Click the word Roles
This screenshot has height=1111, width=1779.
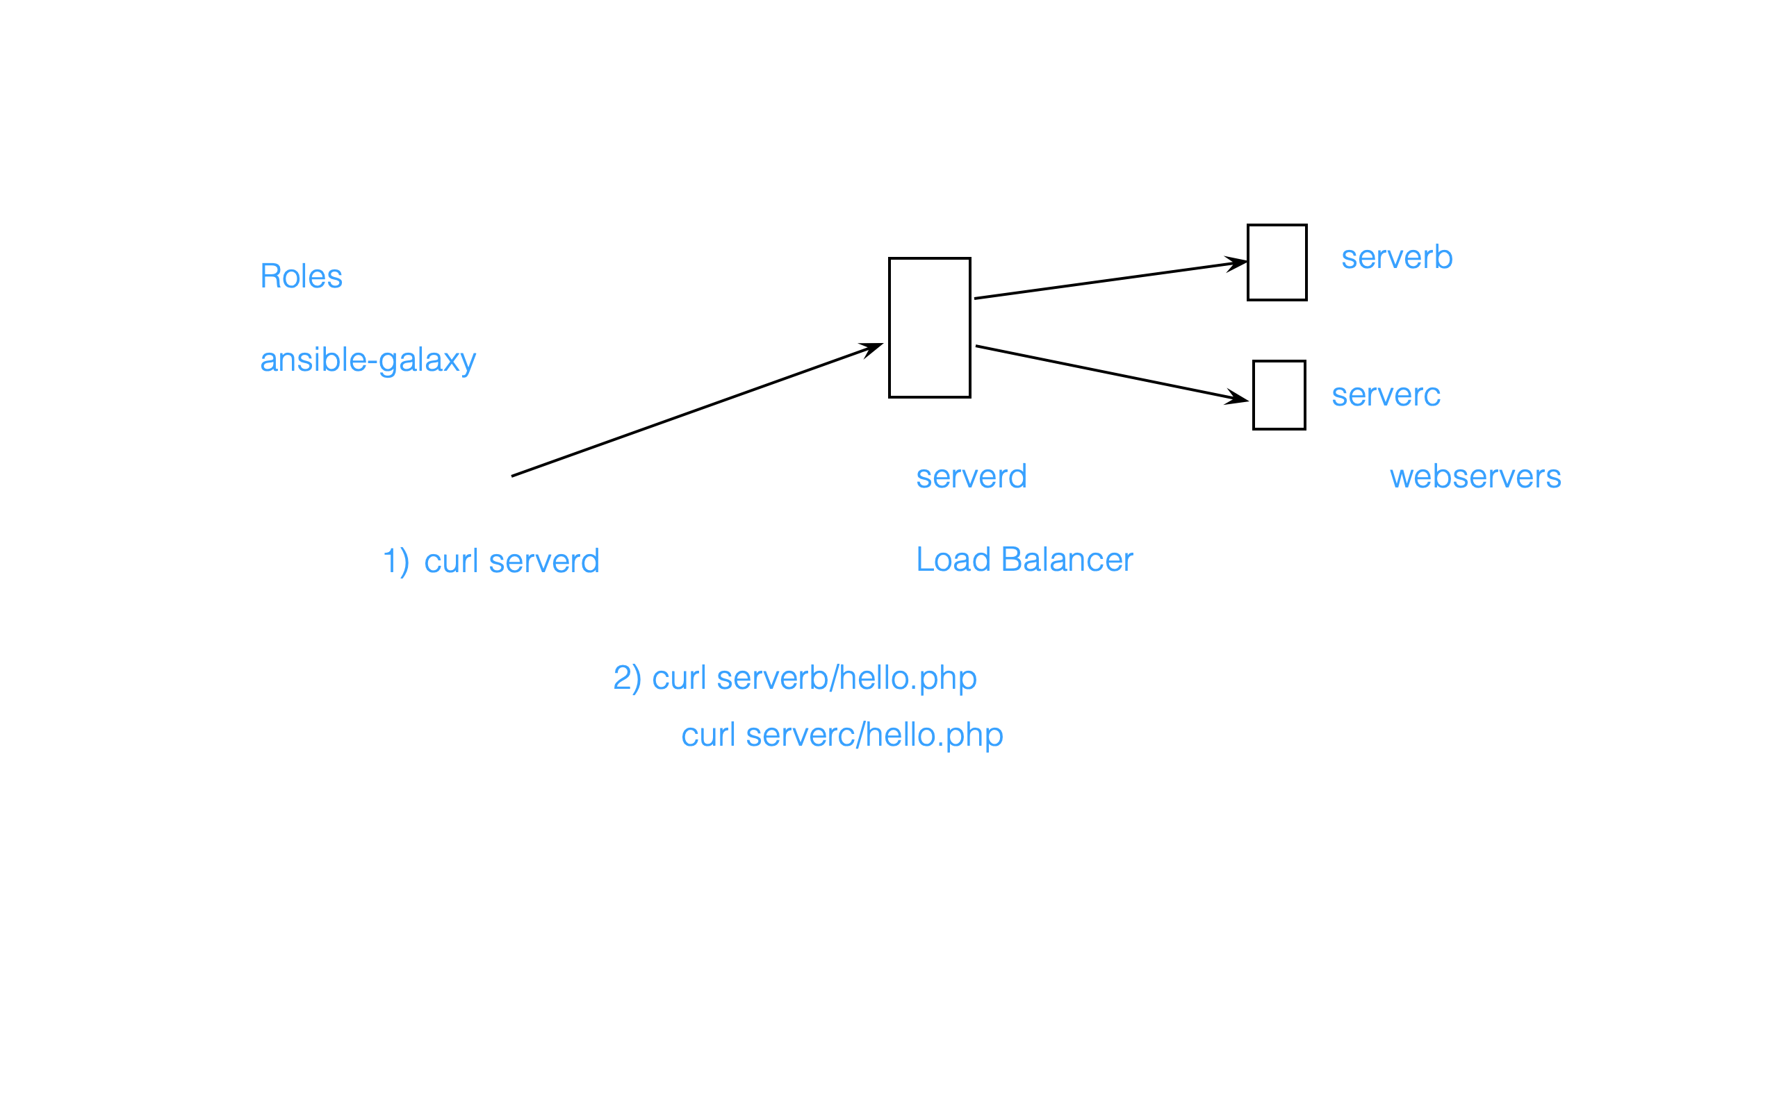point(301,276)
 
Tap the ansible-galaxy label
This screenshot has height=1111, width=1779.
point(368,360)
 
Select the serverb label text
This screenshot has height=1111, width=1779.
point(1396,257)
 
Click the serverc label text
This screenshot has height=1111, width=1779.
point(1385,394)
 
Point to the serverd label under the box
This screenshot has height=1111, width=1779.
point(970,476)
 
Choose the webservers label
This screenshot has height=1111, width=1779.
point(1475,476)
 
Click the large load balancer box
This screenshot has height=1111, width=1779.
point(929,328)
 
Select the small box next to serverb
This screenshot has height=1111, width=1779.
point(1277,262)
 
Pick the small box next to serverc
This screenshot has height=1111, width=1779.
point(1279,395)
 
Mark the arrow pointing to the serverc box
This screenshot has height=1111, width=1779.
point(1110,374)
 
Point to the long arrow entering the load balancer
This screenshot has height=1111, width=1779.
point(695,410)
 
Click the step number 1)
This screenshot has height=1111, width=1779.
point(396,561)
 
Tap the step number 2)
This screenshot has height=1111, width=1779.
point(627,678)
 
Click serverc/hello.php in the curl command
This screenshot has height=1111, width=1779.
point(874,735)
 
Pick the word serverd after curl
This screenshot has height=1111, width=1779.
point(544,561)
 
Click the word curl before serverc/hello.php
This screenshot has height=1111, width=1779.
point(708,735)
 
